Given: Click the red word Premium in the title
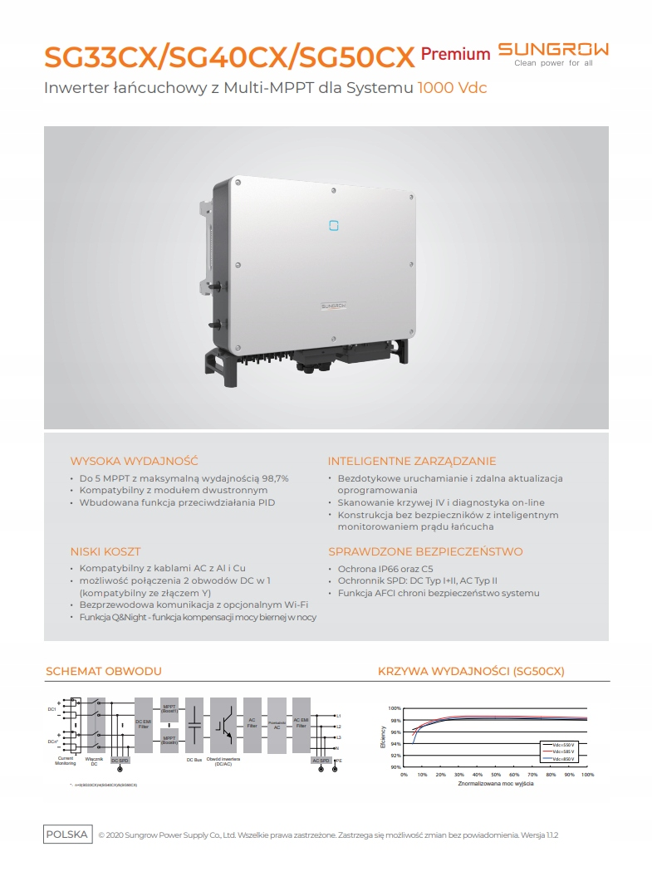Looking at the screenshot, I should pyautogui.click(x=455, y=55).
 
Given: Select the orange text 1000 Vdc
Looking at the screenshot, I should pyautogui.click(x=452, y=87).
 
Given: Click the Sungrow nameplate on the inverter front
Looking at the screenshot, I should pyautogui.click(x=335, y=306).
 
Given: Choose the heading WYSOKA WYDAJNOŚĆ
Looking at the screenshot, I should pyautogui.click(x=134, y=461).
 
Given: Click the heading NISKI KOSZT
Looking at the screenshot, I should pyautogui.click(x=105, y=551).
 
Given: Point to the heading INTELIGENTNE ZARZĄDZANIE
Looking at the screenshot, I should pyautogui.click(x=412, y=461).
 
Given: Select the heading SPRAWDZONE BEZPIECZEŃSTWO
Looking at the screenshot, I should pyautogui.click(x=425, y=551).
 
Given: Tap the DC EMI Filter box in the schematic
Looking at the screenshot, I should pyautogui.click(x=143, y=724).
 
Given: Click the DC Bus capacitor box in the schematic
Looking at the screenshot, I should pyautogui.click(x=194, y=724).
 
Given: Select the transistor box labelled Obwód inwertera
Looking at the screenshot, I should pyautogui.click(x=223, y=724).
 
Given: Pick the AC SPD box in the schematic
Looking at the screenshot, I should pyautogui.click(x=321, y=760).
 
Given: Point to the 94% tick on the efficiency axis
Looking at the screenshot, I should pyautogui.click(x=395, y=744).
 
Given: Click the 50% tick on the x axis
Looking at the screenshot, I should pyautogui.click(x=496, y=775).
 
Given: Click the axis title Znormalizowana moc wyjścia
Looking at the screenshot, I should pyautogui.click(x=495, y=784).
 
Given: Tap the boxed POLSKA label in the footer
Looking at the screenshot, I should pyautogui.click(x=67, y=835).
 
